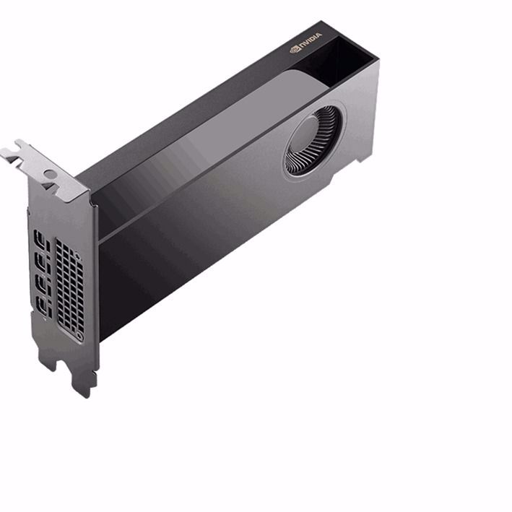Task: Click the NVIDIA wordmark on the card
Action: [x=311, y=39]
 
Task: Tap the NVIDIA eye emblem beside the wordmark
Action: [x=295, y=49]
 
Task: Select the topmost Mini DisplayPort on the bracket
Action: [x=40, y=239]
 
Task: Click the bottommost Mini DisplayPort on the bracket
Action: [x=42, y=305]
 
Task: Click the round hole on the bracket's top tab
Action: [x=50, y=173]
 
